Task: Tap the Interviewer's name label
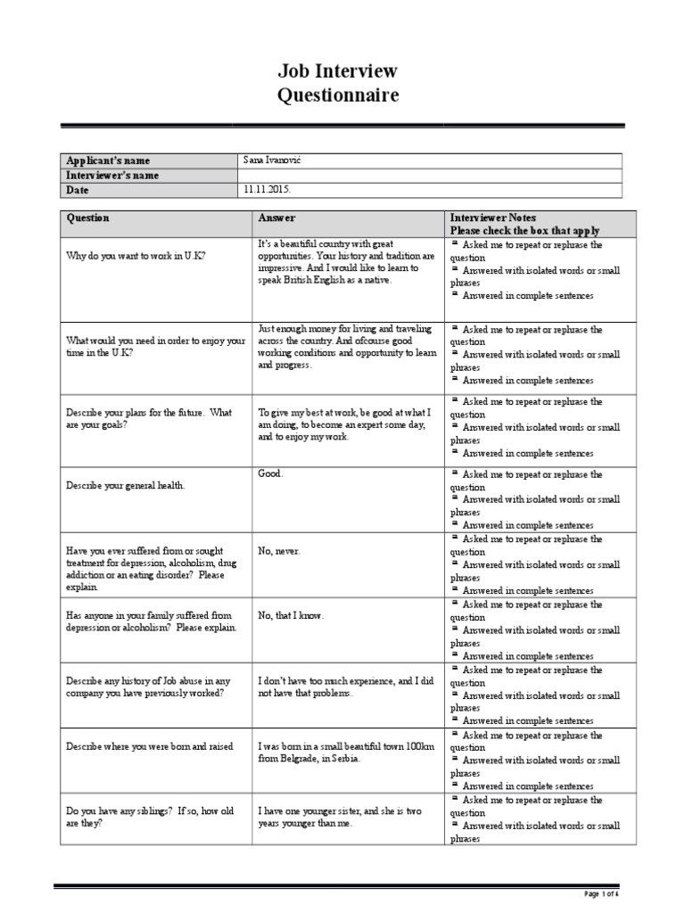pos(112,176)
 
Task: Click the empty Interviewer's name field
pos(429,176)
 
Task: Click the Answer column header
pos(276,218)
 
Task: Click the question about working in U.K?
pos(136,256)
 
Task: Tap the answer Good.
pos(270,474)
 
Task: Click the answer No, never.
pos(279,551)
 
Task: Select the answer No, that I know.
pos(291,615)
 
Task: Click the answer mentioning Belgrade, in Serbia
pos(346,753)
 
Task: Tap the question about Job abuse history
pos(148,687)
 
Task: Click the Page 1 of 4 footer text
pos(601,893)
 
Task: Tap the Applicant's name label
pos(108,160)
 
